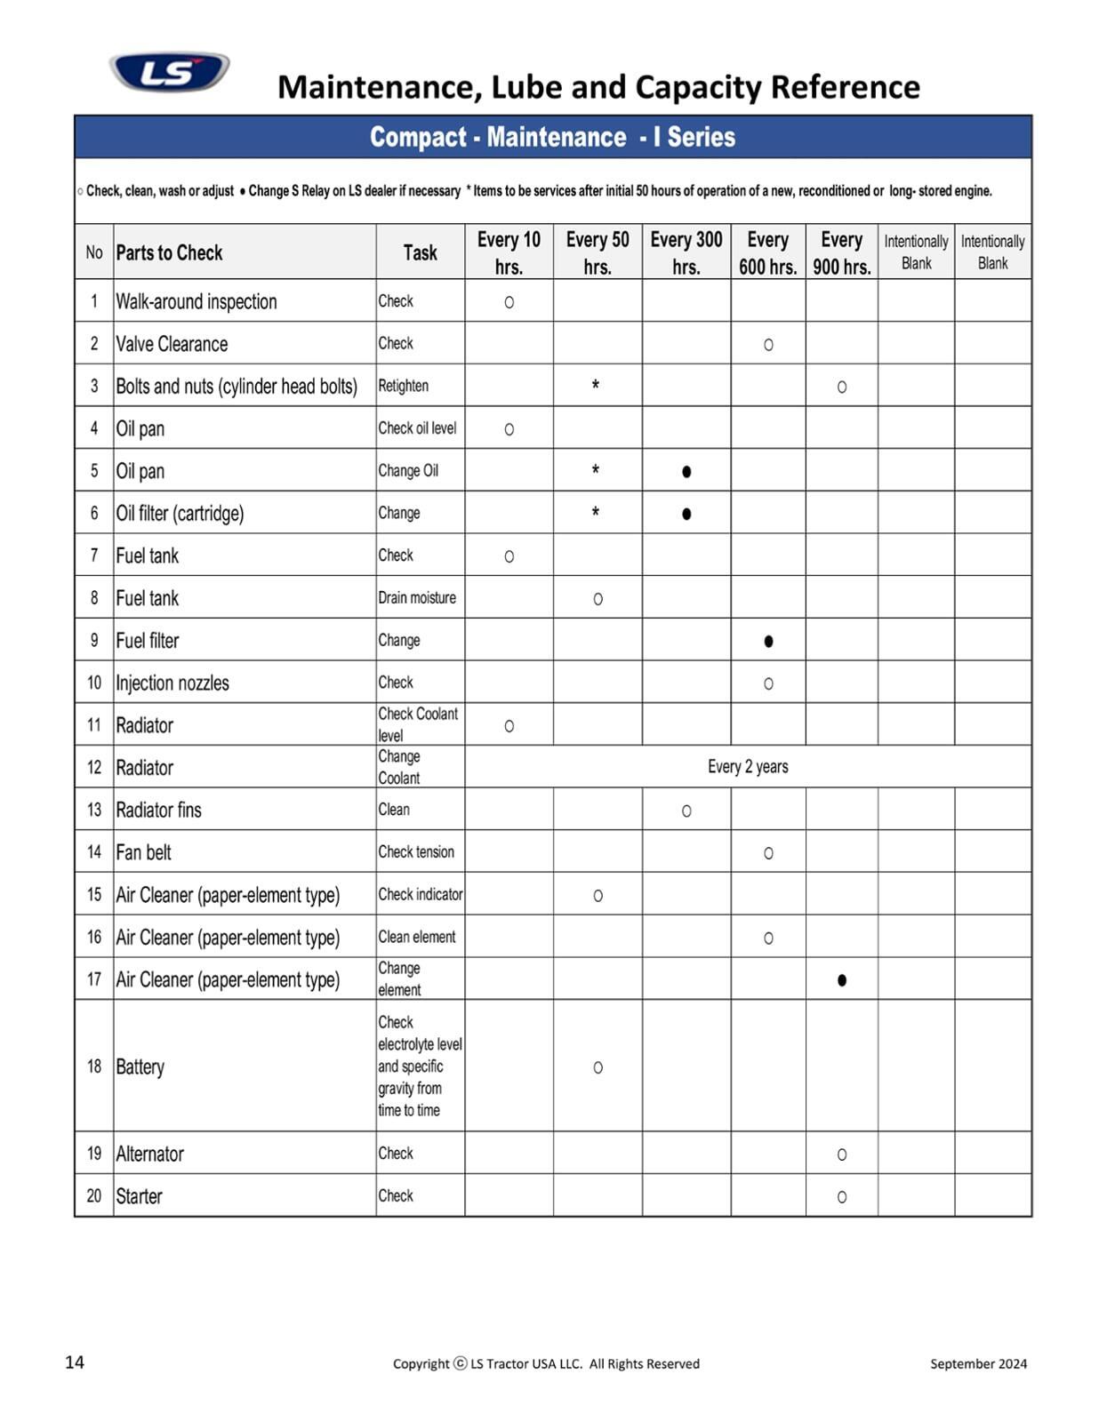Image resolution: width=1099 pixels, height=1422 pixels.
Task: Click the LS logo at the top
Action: (169, 72)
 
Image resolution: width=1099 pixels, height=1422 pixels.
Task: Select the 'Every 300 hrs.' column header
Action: (686, 252)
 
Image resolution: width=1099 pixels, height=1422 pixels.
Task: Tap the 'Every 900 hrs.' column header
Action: (841, 252)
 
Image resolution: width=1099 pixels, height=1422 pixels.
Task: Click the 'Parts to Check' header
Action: (169, 252)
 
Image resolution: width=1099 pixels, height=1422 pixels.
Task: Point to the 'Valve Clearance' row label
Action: (172, 344)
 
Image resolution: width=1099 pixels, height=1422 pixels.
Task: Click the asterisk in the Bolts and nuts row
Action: (596, 386)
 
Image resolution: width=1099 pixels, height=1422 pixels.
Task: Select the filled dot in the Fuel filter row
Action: (768, 641)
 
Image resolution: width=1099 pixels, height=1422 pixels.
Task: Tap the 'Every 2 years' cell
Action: (748, 767)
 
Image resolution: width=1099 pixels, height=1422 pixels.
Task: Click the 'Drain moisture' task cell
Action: (417, 598)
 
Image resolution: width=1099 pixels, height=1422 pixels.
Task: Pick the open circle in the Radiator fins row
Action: (686, 811)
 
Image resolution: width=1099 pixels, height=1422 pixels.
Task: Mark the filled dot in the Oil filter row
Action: (686, 514)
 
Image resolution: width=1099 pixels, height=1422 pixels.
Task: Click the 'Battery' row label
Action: (140, 1066)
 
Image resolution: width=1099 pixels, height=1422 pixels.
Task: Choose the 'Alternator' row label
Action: (150, 1154)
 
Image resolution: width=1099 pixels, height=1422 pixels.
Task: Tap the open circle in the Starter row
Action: (842, 1197)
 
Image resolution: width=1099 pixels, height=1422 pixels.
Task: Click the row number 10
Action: (94, 683)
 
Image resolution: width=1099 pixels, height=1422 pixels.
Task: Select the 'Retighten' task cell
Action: (404, 386)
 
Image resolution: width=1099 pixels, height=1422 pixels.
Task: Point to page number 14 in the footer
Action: (75, 1362)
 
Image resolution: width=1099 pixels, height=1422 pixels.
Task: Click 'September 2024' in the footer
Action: (978, 1363)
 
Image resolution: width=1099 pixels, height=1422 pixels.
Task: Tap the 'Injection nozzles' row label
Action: (172, 683)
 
